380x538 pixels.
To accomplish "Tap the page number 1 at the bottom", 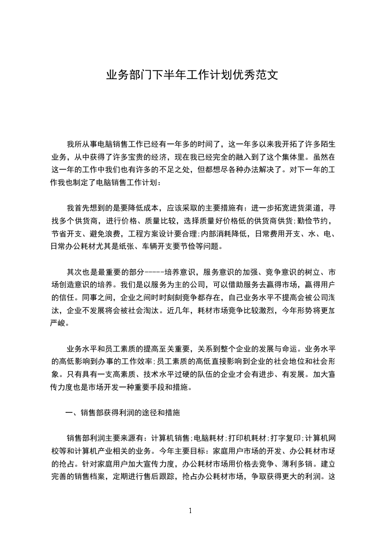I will [190, 511].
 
